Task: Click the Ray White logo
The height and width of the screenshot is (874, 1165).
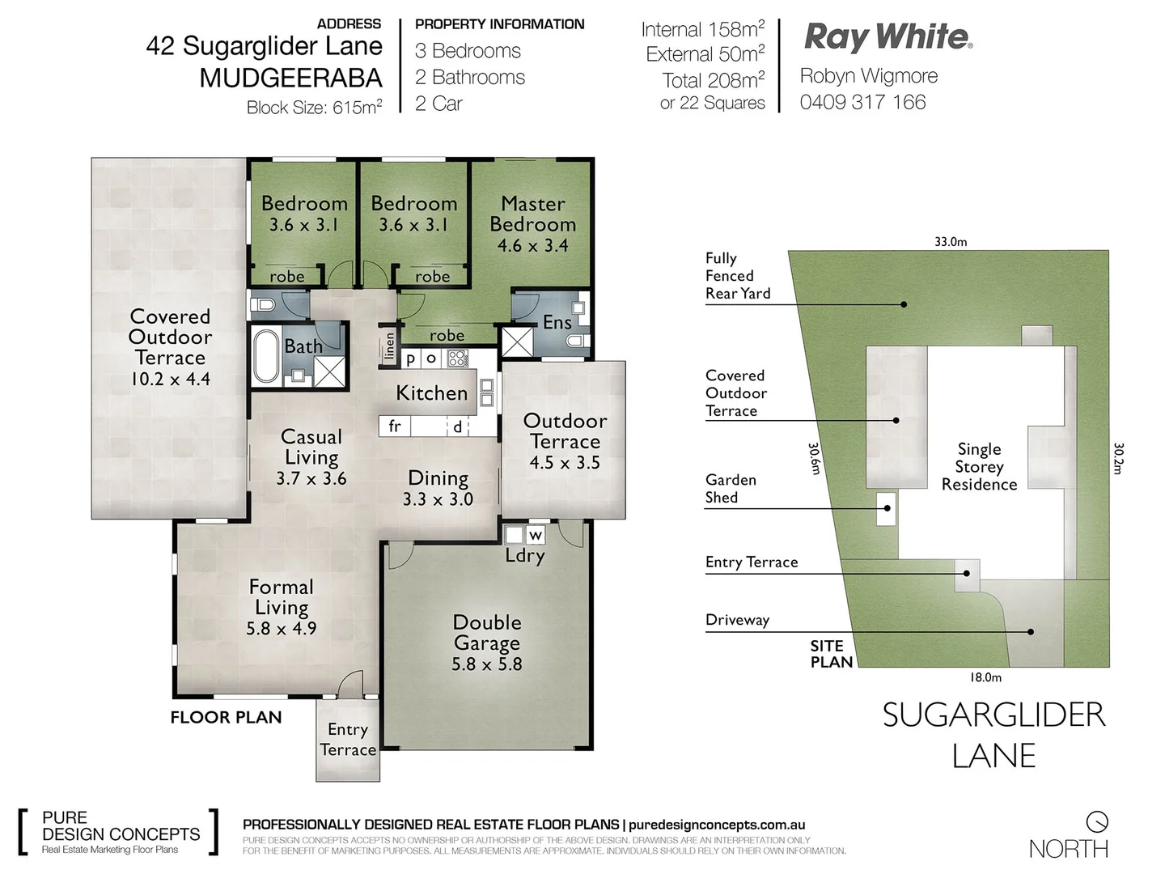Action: (888, 37)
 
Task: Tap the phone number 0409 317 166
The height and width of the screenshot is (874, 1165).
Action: (862, 102)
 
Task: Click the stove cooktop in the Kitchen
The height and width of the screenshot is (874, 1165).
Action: (458, 358)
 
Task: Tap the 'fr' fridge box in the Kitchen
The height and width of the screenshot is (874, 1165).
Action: (395, 426)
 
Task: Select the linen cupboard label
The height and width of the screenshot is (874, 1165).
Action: (389, 346)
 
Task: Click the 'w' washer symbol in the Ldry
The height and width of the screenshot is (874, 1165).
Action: (536, 535)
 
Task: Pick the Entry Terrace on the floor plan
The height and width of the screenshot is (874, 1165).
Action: (348, 740)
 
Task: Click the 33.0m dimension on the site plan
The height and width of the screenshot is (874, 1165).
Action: (951, 241)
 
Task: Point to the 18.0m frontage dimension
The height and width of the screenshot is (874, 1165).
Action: (985, 677)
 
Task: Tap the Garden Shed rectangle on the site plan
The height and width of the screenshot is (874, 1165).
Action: (887, 508)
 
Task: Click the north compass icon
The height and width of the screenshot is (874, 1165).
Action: (1097, 821)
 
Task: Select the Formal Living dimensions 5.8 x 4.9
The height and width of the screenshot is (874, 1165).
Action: (282, 628)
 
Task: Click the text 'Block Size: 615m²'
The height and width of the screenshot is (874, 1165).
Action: (314, 107)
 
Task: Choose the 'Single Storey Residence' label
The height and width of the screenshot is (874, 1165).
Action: (979, 467)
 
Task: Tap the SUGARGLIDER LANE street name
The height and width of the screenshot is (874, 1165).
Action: (993, 735)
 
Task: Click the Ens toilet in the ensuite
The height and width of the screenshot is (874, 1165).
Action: (576, 342)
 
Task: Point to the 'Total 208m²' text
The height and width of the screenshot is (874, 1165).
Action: (713, 80)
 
